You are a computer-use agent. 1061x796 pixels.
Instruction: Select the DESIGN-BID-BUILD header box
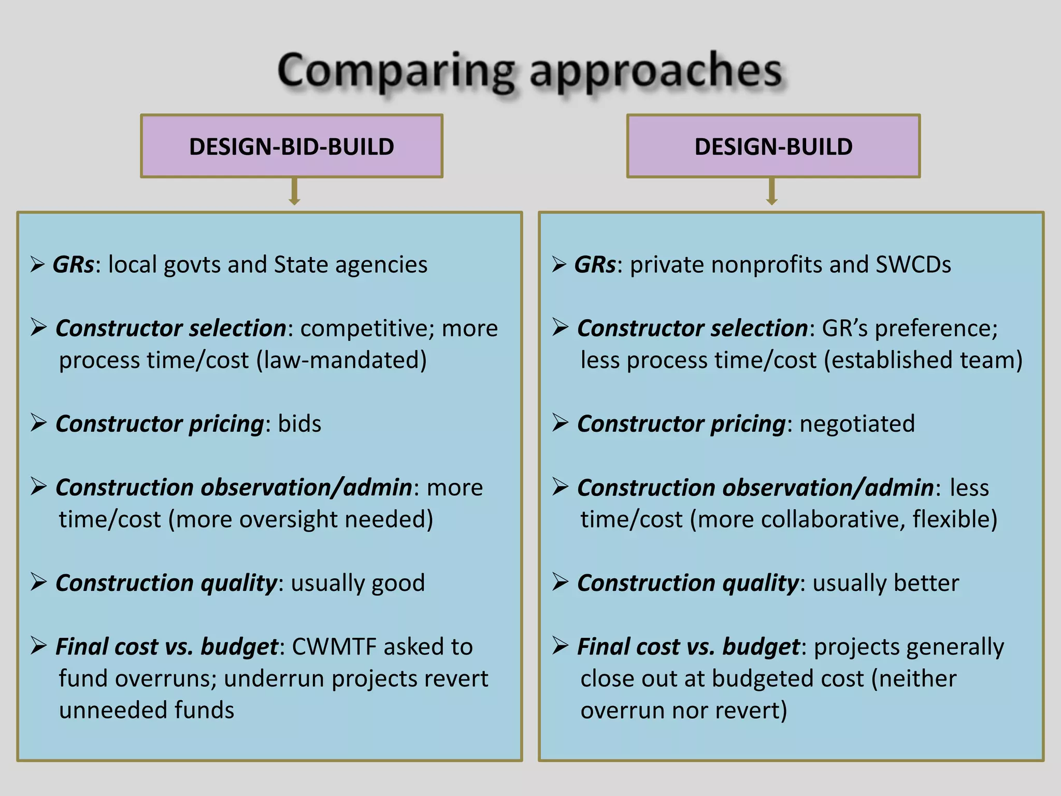coord(292,147)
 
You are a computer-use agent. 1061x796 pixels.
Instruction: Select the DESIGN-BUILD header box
coord(773,147)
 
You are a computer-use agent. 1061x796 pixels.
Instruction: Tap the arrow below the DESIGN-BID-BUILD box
coord(294,192)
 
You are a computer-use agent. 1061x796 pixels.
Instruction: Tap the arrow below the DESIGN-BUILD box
coord(771,192)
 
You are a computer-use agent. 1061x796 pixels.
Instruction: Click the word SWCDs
coord(913,265)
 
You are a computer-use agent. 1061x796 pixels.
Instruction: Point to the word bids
coord(299,424)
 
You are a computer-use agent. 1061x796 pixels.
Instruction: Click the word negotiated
coord(857,424)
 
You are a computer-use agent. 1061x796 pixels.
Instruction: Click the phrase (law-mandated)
coord(342,360)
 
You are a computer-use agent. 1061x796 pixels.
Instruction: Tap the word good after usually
coord(398,583)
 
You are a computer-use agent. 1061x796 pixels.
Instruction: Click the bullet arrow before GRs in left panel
coord(37,265)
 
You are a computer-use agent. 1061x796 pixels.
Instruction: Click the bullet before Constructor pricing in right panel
coord(560,423)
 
